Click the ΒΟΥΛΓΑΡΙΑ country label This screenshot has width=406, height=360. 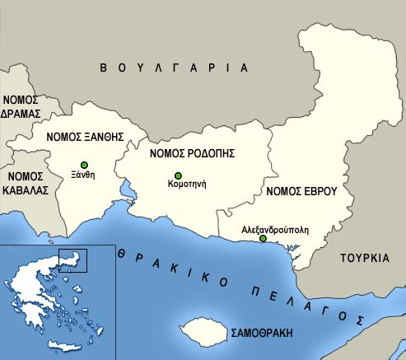click(173, 67)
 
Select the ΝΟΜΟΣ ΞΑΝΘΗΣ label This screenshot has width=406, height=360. click(85, 138)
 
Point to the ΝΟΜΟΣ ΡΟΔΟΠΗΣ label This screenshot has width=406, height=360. click(193, 153)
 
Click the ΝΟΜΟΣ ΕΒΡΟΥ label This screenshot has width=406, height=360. click(302, 191)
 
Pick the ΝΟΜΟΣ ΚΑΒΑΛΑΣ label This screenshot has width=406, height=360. click(25, 182)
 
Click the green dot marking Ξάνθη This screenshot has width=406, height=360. click(84, 165)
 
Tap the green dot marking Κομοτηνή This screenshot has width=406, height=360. click(178, 175)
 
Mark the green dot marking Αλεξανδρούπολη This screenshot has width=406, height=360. click(263, 239)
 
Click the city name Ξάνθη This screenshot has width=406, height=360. click(84, 175)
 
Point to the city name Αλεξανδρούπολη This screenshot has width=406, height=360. click(275, 230)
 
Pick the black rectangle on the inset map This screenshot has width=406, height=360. click(72, 259)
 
